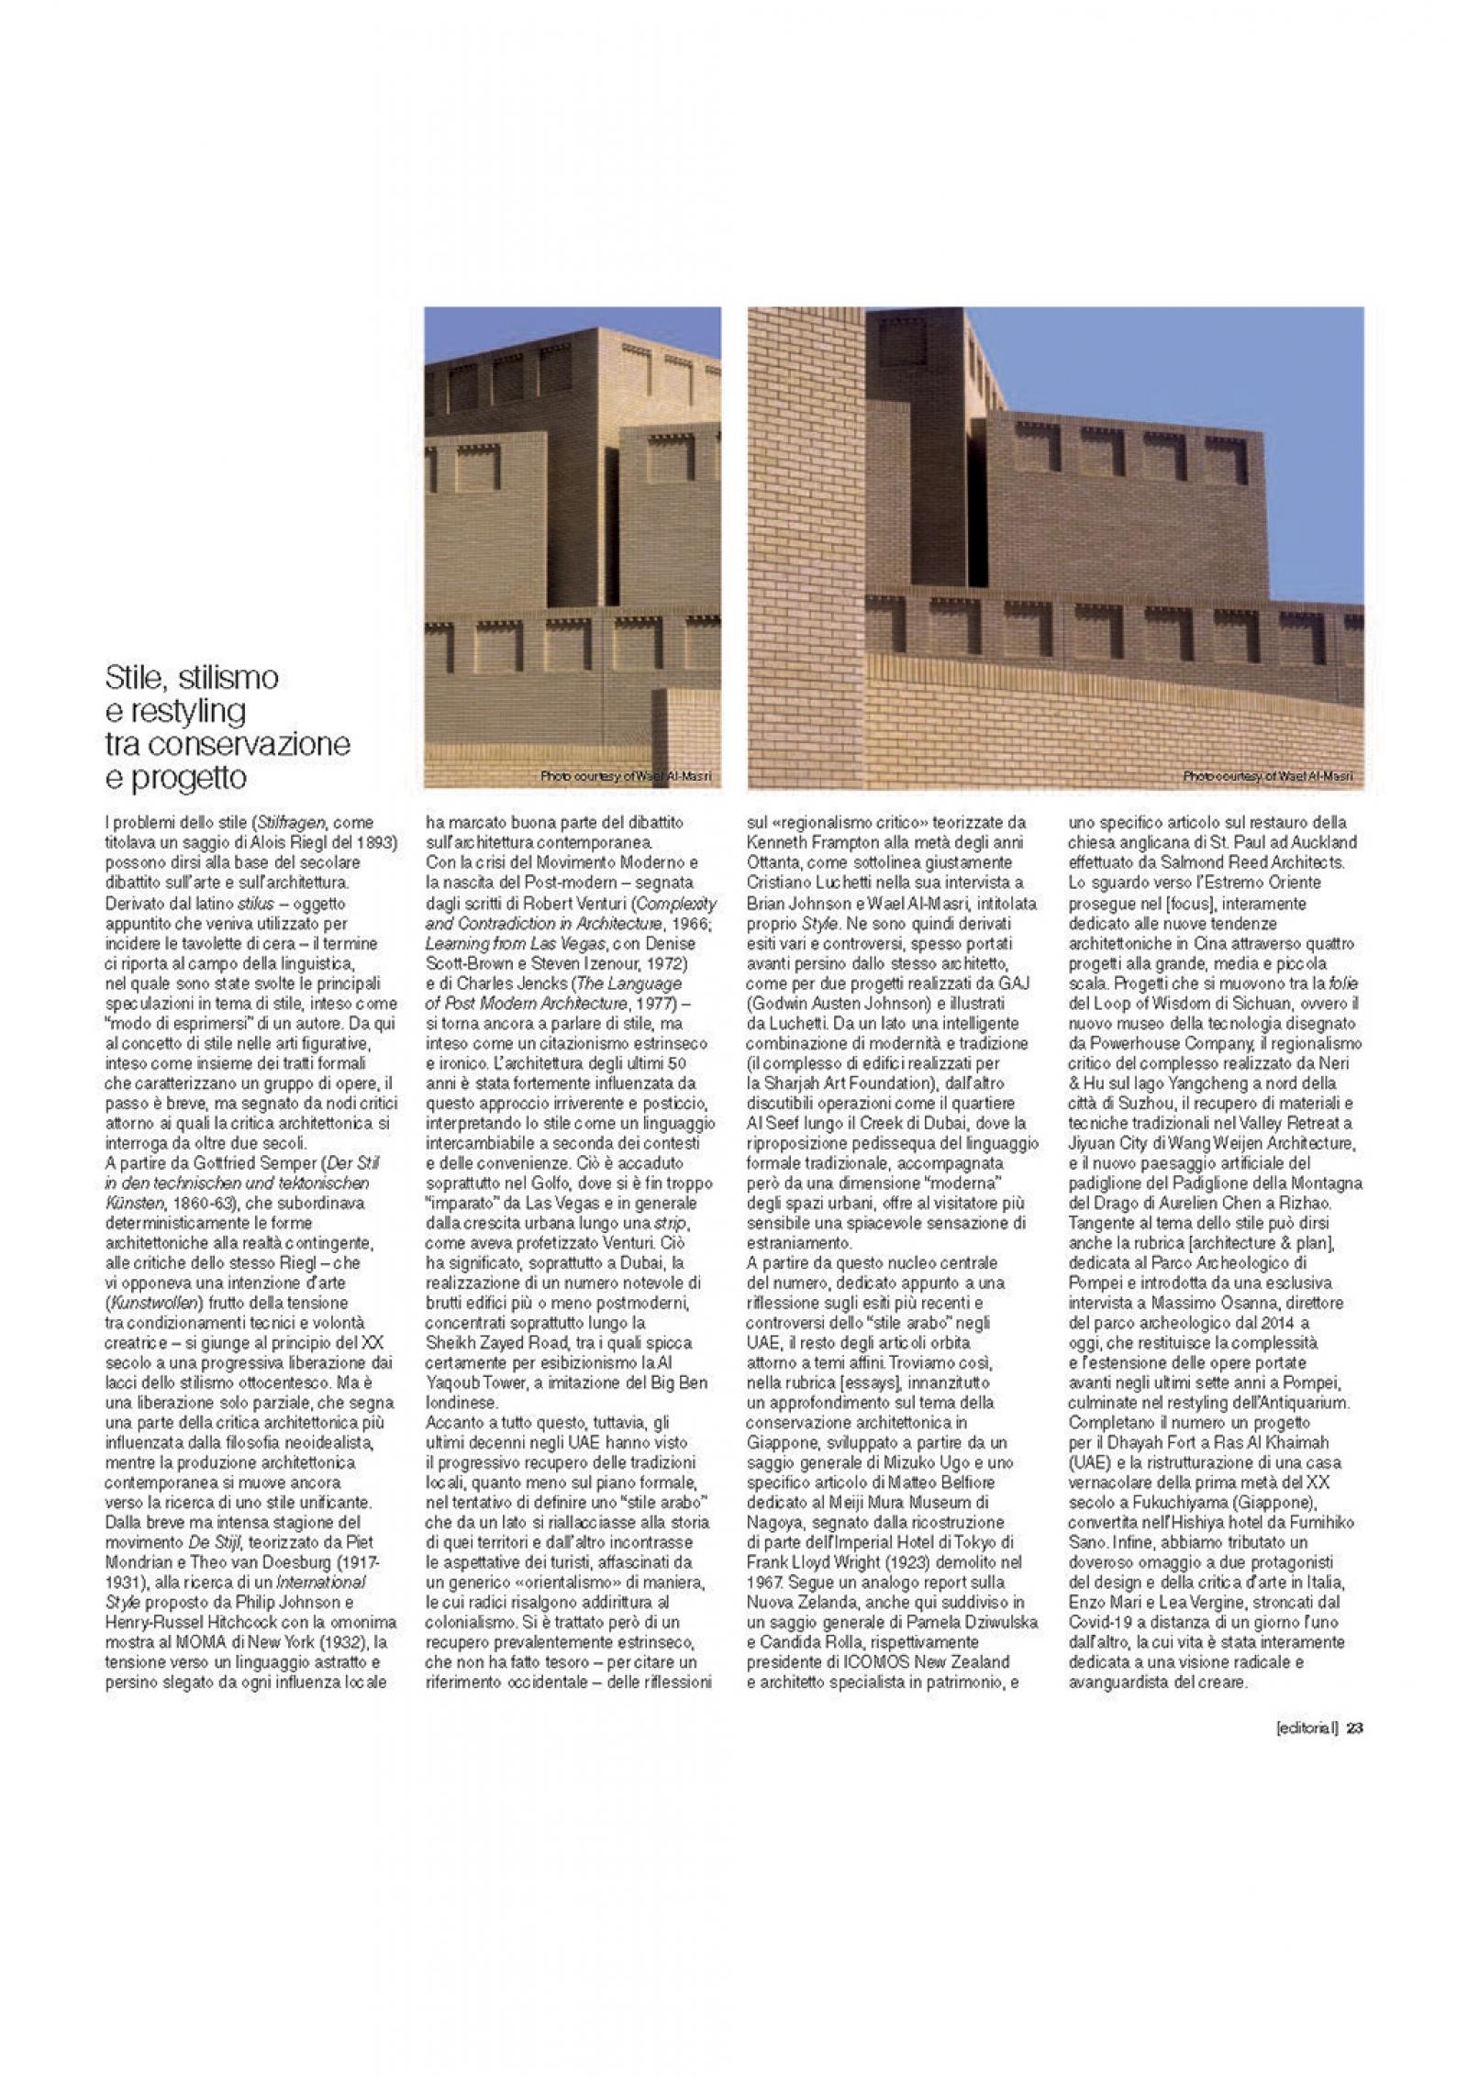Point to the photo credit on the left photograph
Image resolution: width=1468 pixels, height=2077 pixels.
click(626, 777)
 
